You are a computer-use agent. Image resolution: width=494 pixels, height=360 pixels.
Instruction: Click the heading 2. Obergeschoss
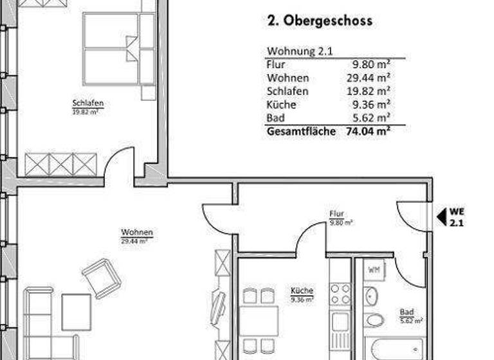coord(320,21)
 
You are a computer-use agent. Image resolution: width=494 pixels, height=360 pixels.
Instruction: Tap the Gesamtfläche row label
coord(300,132)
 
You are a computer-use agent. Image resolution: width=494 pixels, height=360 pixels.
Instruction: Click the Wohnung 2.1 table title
coord(299,52)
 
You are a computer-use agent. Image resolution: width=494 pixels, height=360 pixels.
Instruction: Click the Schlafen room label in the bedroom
coord(88,104)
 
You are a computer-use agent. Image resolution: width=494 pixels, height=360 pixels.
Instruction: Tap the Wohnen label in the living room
coord(137,233)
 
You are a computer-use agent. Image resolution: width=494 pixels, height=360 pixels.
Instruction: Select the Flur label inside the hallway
coord(336,214)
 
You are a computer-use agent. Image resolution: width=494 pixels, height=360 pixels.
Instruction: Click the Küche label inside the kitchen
coord(301,291)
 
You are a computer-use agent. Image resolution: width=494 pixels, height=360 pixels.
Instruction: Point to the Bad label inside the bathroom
coord(407,312)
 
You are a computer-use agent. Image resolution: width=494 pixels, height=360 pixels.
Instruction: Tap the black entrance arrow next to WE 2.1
coord(441,217)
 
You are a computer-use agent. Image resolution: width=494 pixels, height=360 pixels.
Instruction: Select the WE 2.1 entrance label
coord(457,217)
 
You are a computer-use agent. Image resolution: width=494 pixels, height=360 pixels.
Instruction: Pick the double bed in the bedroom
coord(120,48)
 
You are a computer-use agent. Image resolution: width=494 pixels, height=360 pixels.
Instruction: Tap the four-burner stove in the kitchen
coord(340,293)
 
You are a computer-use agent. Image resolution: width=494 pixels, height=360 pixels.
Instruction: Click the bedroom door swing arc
coord(119,161)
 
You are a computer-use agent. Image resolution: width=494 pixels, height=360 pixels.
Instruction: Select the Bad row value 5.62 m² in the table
coord(371,118)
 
